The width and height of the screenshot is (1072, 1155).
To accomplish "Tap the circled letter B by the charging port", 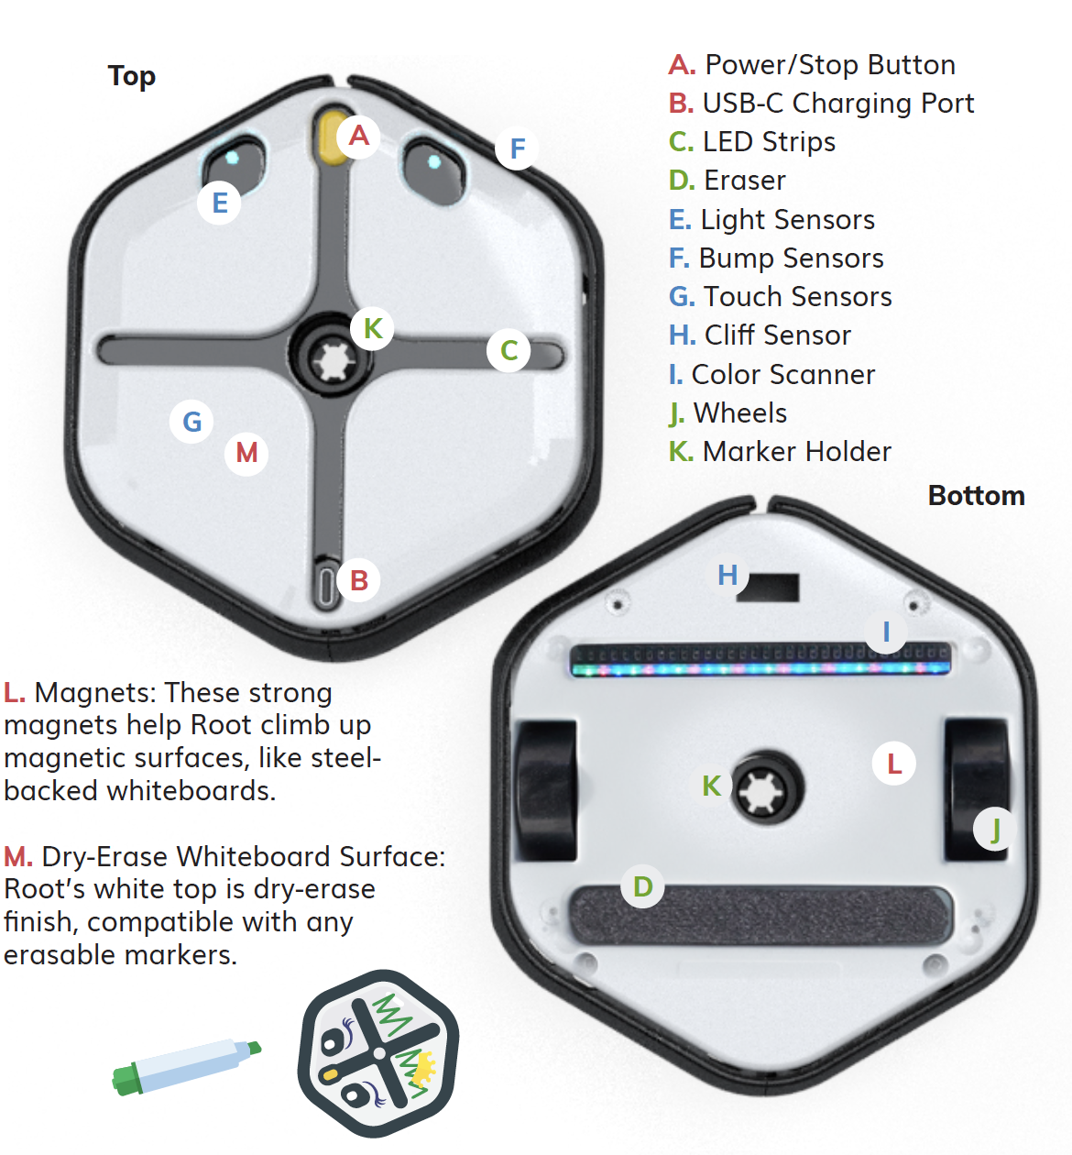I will pyautogui.click(x=359, y=580).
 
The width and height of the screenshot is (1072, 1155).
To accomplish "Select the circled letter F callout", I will pyautogui.click(x=518, y=148).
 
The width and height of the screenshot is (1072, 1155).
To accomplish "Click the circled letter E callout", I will pyautogui.click(x=220, y=203).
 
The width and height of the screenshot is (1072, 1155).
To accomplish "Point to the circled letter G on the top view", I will pyautogui.click(x=192, y=422).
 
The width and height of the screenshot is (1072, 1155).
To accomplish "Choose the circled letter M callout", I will pyautogui.click(x=246, y=452).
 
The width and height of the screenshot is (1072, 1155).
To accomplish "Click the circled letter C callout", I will pyautogui.click(x=509, y=349).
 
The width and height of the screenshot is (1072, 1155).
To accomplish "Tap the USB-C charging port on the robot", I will pyautogui.click(x=326, y=586).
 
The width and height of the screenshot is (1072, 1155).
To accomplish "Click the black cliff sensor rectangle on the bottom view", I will pyautogui.click(x=770, y=588).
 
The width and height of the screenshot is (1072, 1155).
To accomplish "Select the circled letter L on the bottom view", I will pyautogui.click(x=894, y=764).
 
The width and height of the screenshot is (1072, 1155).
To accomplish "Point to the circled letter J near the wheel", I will pyautogui.click(x=995, y=830).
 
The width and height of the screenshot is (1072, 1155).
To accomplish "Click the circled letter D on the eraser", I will pyautogui.click(x=643, y=886).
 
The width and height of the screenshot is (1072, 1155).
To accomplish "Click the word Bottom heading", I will pyautogui.click(x=976, y=496).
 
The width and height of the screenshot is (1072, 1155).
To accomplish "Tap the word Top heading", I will pyautogui.click(x=132, y=76).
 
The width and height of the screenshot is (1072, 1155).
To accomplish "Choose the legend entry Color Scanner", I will pyautogui.click(x=782, y=375).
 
